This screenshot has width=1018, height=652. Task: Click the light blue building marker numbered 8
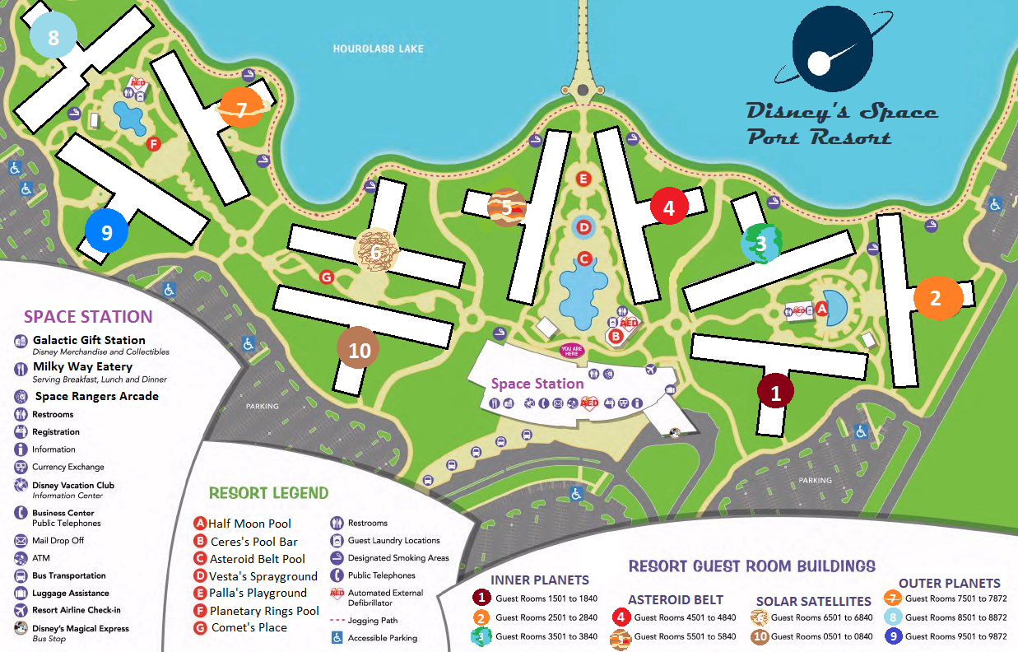tap(53, 36)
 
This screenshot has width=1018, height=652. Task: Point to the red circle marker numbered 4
tap(668, 207)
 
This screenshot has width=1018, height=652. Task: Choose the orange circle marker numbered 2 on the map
tap(936, 297)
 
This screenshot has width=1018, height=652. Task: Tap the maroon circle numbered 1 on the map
tap(775, 392)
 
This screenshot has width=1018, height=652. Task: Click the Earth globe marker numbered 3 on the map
tap(760, 243)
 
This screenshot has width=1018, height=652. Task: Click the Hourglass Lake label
tap(378, 49)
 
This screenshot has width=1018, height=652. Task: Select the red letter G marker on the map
tap(326, 277)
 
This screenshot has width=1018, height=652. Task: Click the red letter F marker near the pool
tap(152, 144)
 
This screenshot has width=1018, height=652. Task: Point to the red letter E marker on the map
tap(583, 178)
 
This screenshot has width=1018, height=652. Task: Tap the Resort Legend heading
tap(268, 493)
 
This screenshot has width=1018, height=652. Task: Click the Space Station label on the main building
tap(537, 384)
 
